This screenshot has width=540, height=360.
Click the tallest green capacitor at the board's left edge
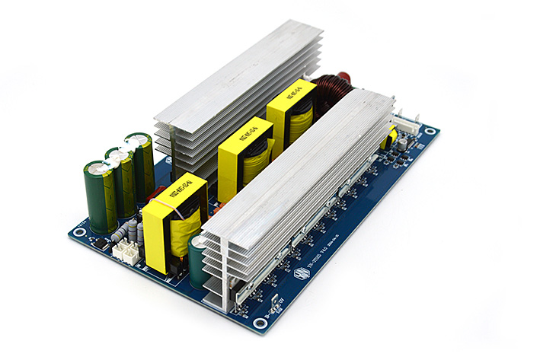coord(100,195)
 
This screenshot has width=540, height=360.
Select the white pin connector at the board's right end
coord(406,123)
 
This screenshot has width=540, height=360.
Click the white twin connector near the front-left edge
coord(126,250)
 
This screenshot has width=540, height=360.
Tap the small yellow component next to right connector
coord(393,138)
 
